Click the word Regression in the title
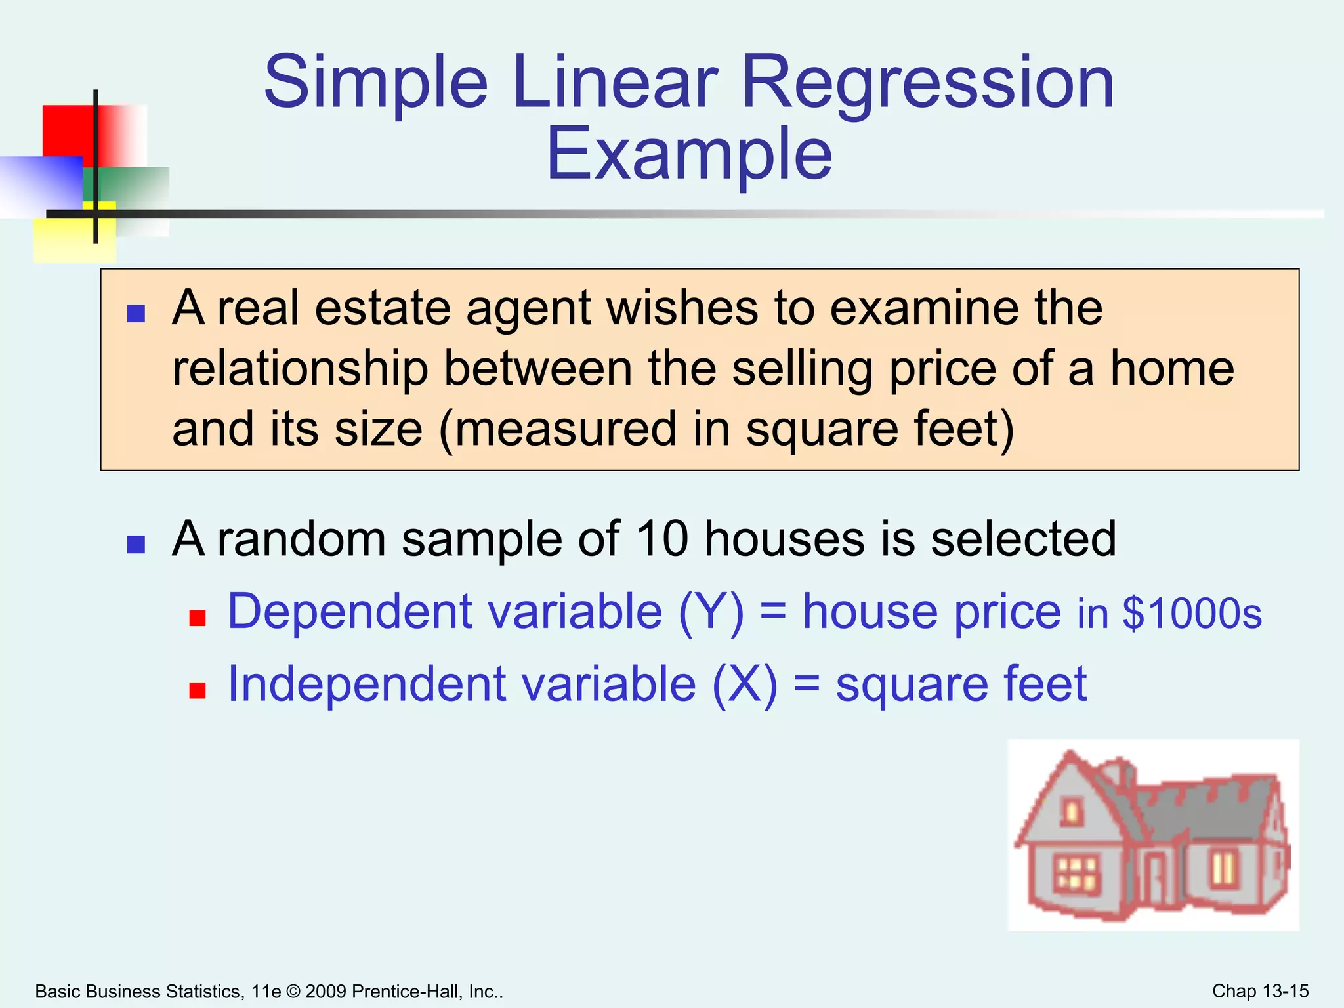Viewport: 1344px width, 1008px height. point(927,84)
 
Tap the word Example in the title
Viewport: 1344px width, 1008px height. point(689,155)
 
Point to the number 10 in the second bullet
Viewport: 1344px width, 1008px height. point(662,539)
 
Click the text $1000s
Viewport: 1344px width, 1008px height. point(1192,614)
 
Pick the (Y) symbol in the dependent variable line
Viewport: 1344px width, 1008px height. point(711,612)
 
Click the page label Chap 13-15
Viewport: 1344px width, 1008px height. point(1260,991)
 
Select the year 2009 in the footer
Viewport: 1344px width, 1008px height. point(325,992)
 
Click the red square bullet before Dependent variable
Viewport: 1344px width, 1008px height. point(198,618)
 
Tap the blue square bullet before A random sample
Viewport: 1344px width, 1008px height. point(136,544)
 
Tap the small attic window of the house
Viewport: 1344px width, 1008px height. point(1072,812)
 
